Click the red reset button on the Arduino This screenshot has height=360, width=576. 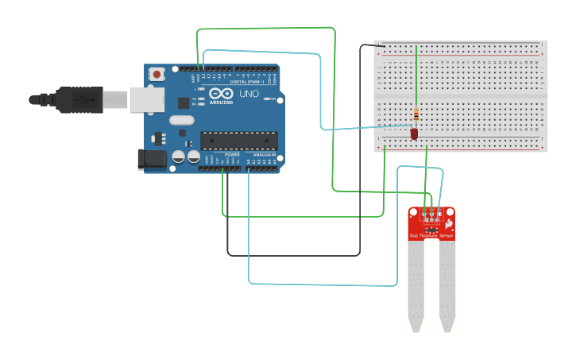click(157, 75)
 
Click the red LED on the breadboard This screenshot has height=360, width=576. click(414, 134)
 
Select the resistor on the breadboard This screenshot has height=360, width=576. click(416, 117)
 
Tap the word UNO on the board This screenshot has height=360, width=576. click(249, 94)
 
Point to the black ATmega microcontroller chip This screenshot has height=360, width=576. click(238, 141)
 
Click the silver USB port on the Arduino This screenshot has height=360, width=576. click(147, 99)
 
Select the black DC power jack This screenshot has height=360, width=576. click(152, 159)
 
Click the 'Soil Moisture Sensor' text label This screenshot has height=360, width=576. click(431, 236)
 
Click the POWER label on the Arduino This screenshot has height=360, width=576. click(232, 154)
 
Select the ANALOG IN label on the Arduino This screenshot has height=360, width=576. click(265, 154)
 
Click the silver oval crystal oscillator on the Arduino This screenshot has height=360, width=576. click(181, 121)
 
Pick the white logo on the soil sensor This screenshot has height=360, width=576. click(448, 225)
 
